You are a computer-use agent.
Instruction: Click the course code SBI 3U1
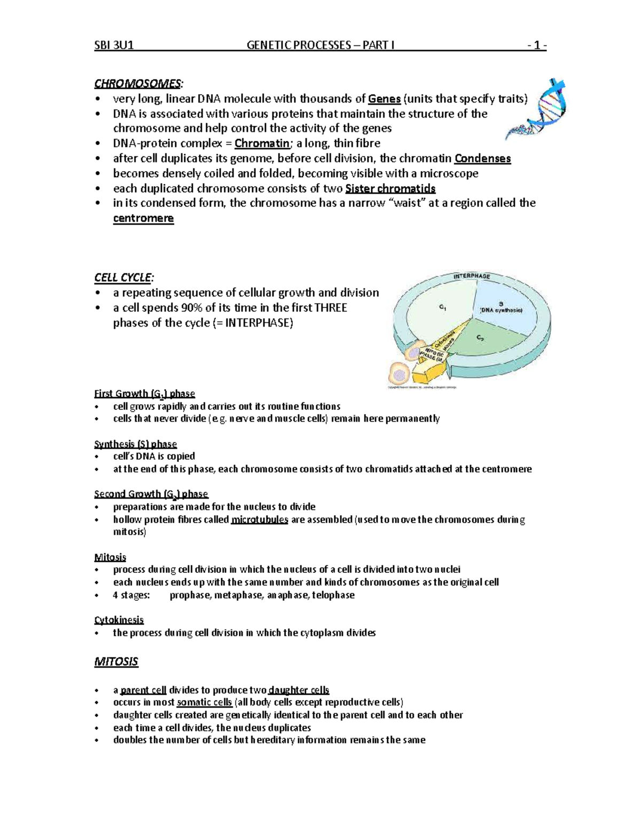[x=113, y=45]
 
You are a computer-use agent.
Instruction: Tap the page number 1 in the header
[x=536, y=45]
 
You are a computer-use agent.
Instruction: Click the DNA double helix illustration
[x=536, y=110]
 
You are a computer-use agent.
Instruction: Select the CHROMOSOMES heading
[x=138, y=83]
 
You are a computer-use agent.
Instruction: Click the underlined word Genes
[x=385, y=98]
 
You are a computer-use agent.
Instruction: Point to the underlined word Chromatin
[x=262, y=143]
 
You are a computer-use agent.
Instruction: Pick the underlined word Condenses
[x=482, y=158]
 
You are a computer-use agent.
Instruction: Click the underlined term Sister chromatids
[x=390, y=188]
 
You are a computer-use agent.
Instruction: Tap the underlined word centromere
[x=143, y=218]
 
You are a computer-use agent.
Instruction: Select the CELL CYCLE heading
[x=123, y=277]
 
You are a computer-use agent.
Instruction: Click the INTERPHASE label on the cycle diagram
[x=472, y=276]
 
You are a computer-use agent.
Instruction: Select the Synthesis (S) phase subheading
[x=135, y=444]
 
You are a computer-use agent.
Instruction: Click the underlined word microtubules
[x=260, y=519]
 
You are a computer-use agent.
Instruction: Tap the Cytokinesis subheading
[x=119, y=620]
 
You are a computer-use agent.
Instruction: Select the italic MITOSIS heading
[x=116, y=662]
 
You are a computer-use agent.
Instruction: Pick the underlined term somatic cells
[x=204, y=702]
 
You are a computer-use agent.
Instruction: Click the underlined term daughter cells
[x=299, y=690]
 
